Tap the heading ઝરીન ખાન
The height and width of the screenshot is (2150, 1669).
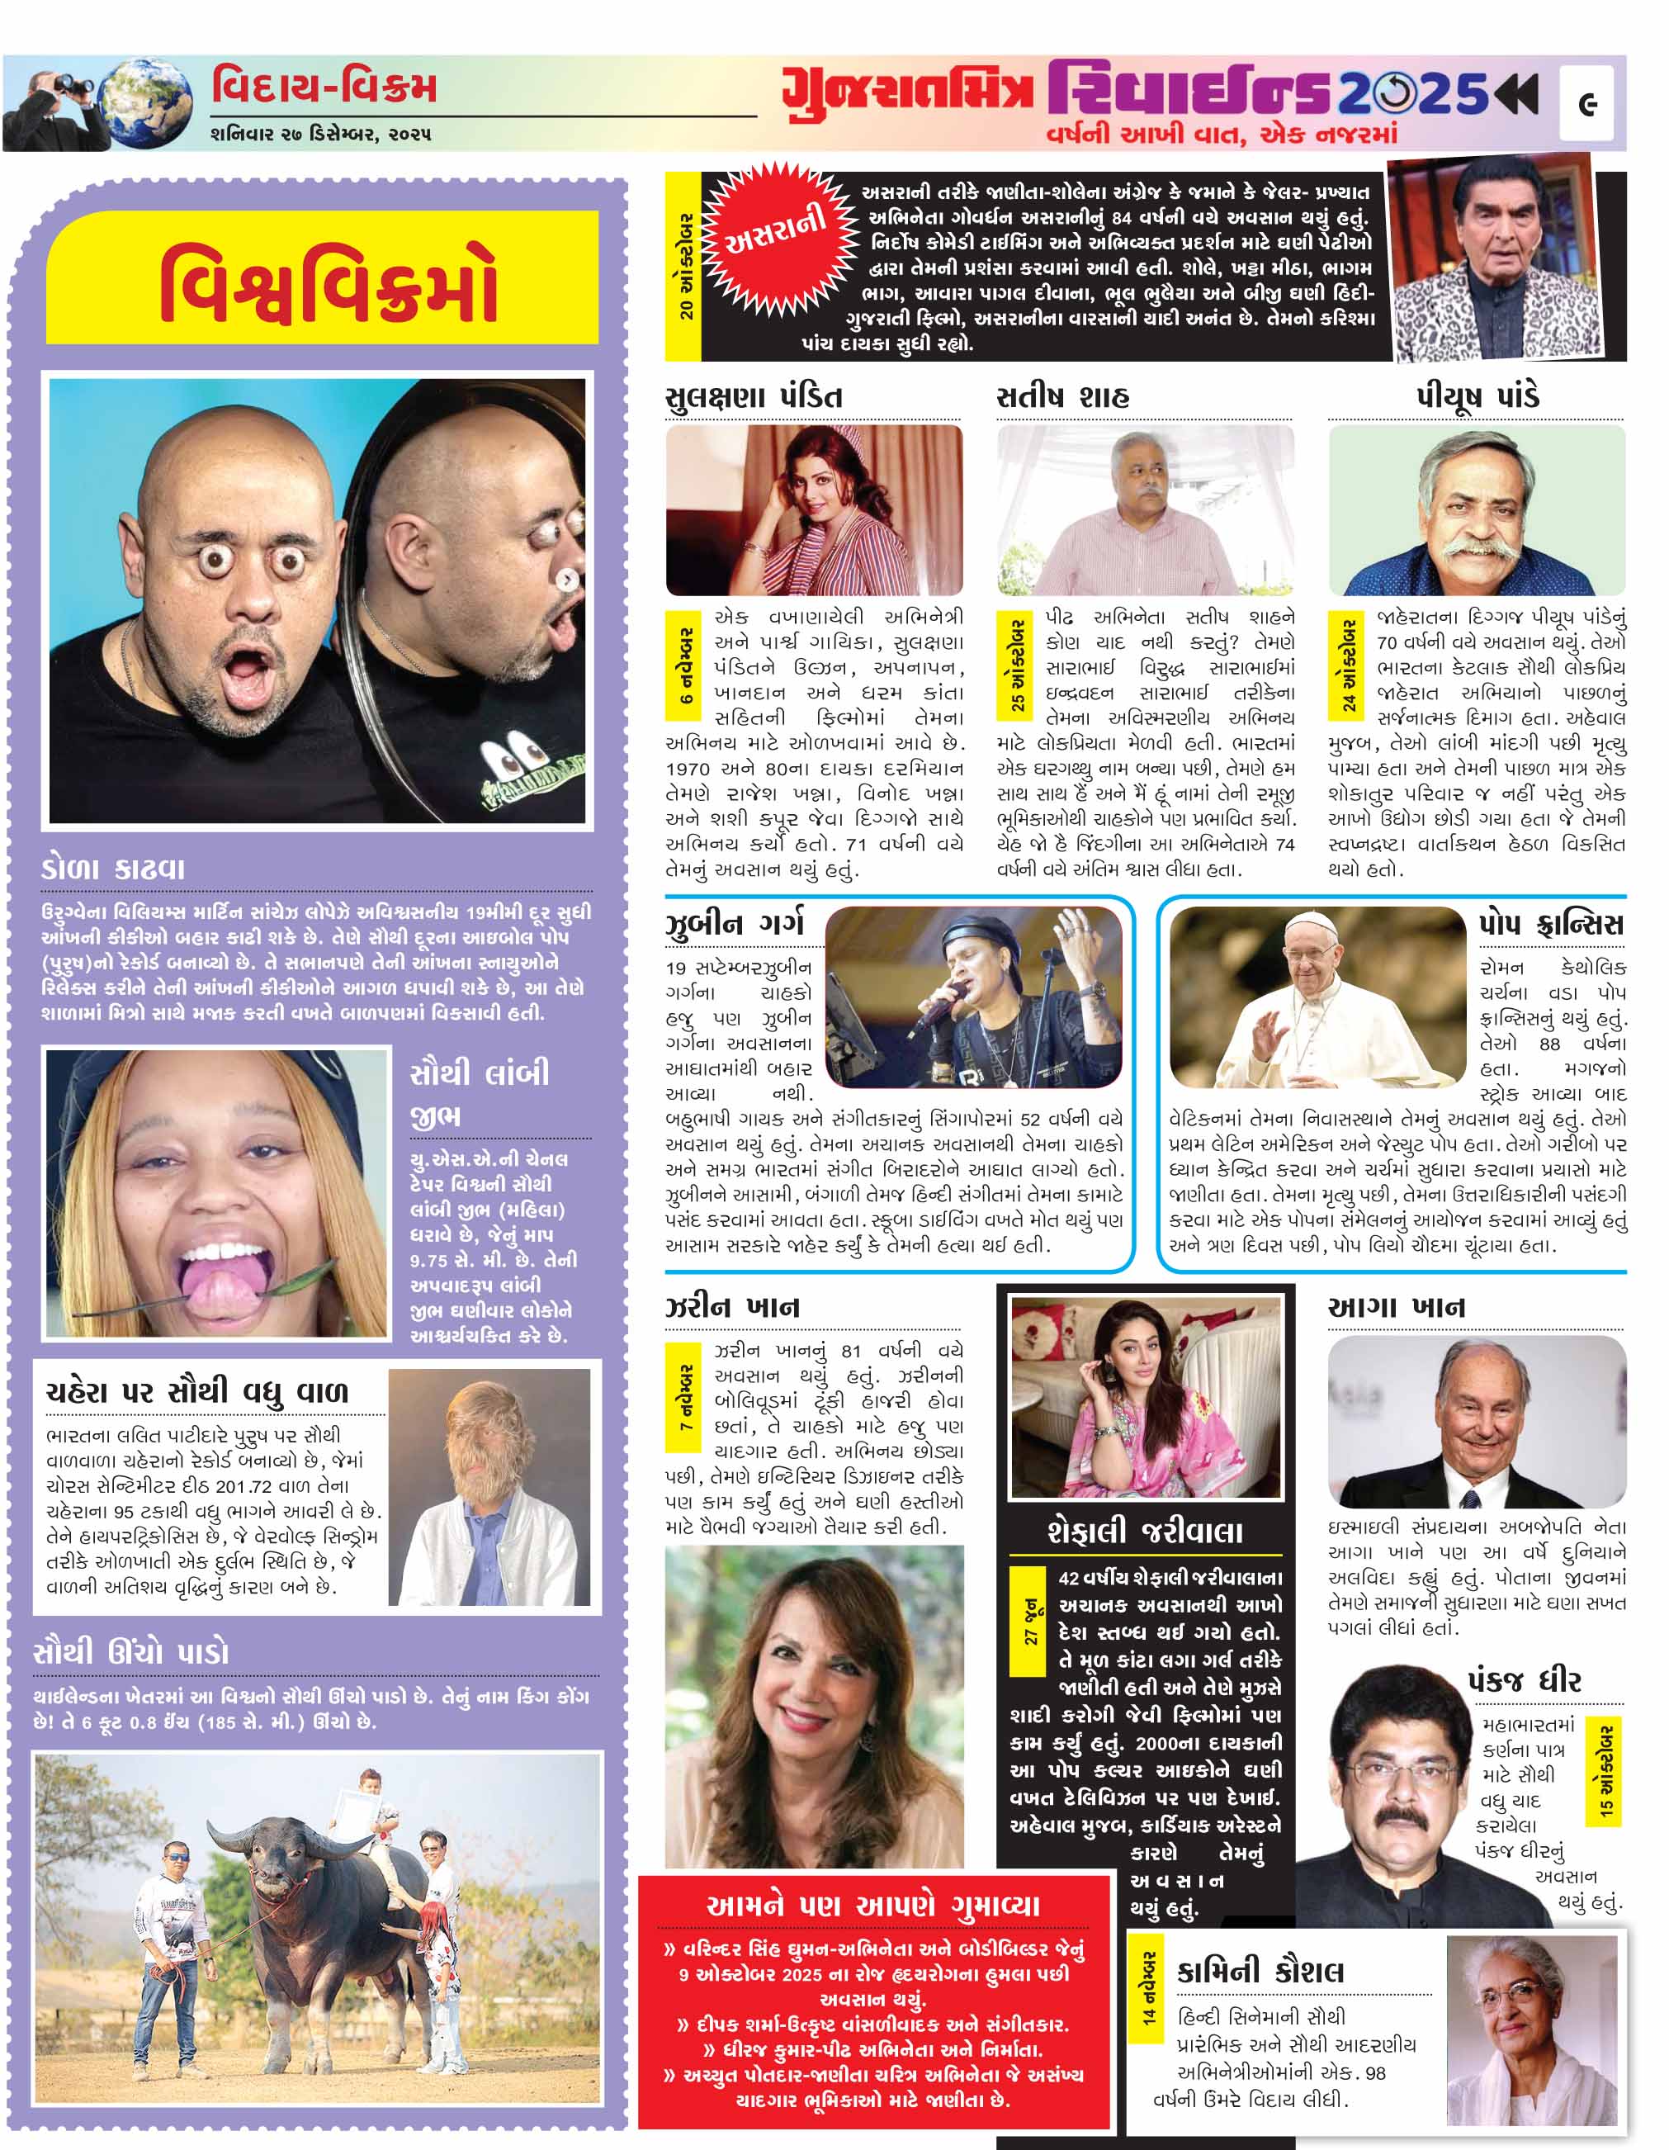(732, 1306)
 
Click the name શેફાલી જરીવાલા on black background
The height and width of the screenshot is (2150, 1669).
(1145, 1532)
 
